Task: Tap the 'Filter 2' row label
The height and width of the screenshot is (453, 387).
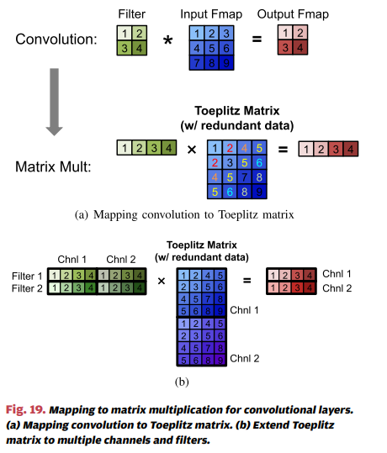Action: (x=27, y=287)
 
